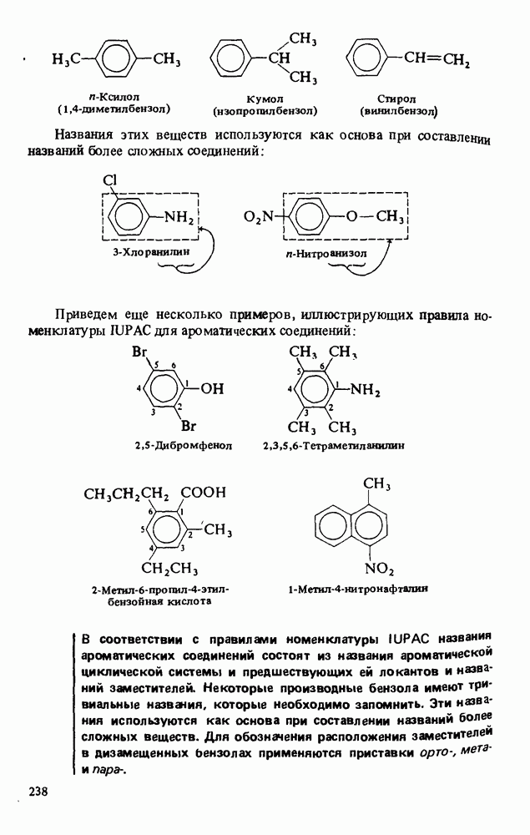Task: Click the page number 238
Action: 38,792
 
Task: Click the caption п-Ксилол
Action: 114,97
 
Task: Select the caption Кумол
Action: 265,99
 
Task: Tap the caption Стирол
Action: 396,99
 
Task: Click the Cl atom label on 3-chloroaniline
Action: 109,180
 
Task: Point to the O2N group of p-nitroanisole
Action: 258,217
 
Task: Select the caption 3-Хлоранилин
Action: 150,251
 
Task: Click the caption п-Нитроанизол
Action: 326,254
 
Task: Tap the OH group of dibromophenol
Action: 213,389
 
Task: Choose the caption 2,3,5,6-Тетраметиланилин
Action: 333,445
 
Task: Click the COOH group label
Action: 204,492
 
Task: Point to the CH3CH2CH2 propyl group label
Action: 126,494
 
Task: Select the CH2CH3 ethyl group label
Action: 169,569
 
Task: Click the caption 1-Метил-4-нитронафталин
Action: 358,589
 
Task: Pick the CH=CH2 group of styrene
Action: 437,58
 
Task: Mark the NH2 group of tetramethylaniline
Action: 365,390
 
